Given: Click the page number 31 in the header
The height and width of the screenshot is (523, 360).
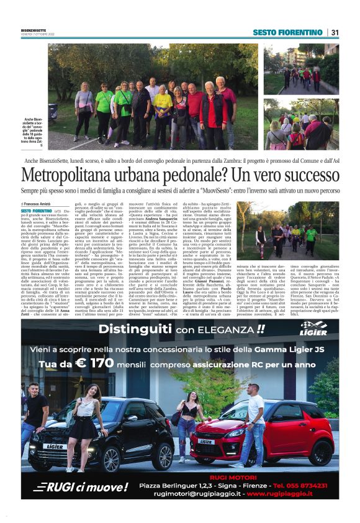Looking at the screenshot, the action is coord(335,32).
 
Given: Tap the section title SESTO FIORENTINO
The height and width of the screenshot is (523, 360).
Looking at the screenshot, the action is coord(287,32).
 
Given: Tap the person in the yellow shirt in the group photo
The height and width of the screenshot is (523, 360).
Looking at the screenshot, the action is coord(163,106).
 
